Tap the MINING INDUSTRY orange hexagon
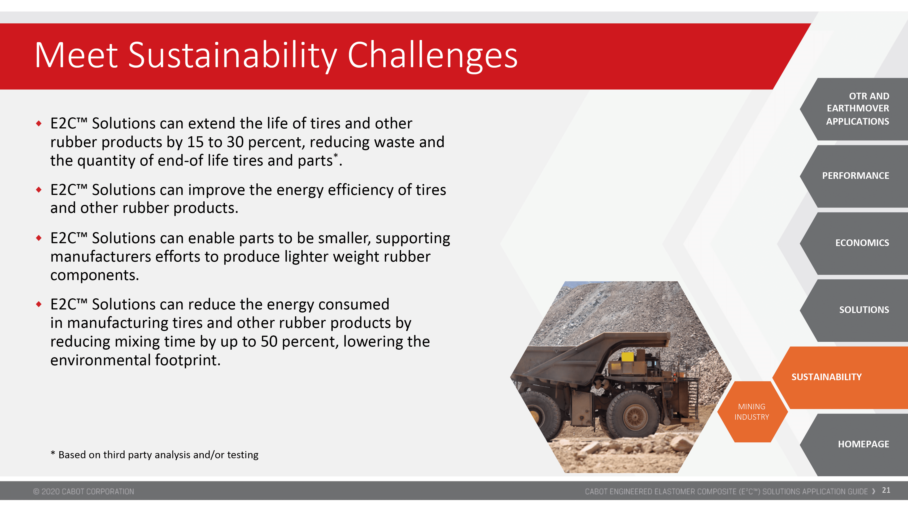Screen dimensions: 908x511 (752, 412)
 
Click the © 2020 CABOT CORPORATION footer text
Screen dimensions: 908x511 (83, 491)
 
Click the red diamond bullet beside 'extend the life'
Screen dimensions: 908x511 (39, 123)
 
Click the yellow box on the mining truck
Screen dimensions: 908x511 (627, 357)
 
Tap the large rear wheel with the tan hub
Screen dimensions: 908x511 (634, 416)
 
